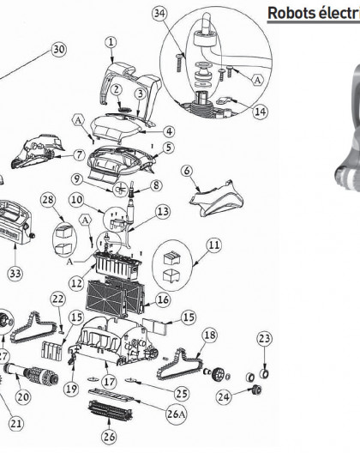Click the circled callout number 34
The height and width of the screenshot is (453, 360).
[160, 13]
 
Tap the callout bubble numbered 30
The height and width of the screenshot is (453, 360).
[59, 50]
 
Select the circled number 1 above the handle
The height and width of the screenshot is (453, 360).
[111, 42]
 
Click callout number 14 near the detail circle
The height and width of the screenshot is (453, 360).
[261, 112]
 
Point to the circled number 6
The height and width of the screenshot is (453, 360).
[187, 171]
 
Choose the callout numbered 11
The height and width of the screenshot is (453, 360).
[214, 245]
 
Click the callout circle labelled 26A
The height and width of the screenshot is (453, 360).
[176, 414]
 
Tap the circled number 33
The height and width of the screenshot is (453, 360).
[15, 274]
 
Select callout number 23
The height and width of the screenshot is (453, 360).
[265, 338]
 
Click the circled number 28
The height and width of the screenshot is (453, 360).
[48, 199]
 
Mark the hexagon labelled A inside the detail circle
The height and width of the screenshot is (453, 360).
[257, 80]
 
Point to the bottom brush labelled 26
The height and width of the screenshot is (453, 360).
[111, 411]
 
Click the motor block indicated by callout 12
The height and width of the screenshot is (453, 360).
[117, 265]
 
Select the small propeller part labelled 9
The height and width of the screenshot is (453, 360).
[120, 190]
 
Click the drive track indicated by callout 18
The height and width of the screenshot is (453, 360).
[181, 364]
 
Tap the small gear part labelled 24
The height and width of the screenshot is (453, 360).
[256, 390]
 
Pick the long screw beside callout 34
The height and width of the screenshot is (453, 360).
[179, 63]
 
